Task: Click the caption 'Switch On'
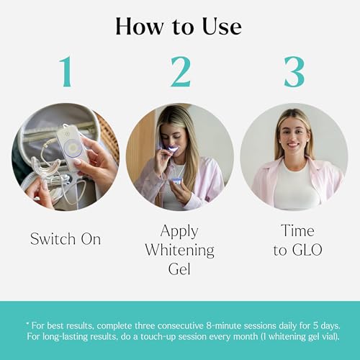tap(66, 238)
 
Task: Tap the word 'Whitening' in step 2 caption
tap(180, 251)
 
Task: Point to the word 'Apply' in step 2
tap(180, 231)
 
